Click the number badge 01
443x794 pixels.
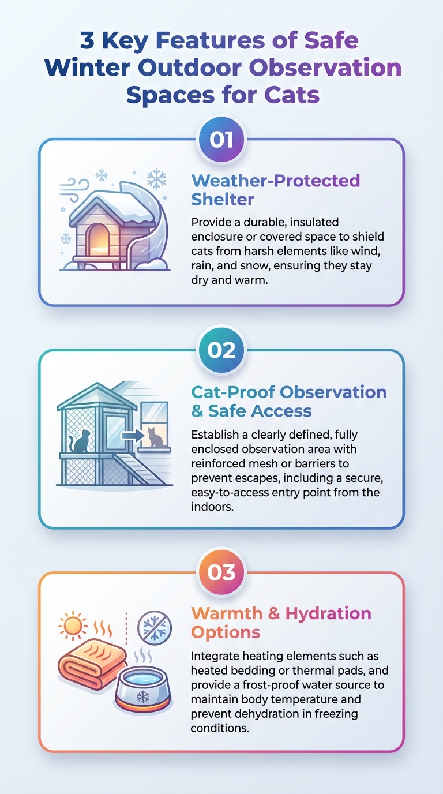pyautogui.click(x=221, y=140)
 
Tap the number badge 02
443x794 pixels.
pyautogui.click(x=221, y=350)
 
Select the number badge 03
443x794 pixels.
pyautogui.click(x=221, y=572)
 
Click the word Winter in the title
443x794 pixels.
pyautogui.click(x=88, y=68)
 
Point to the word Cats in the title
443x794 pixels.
pyautogui.click(x=292, y=95)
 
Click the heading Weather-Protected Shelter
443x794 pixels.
pyautogui.click(x=275, y=190)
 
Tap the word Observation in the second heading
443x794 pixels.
pyautogui.click(x=333, y=392)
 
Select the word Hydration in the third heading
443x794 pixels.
pyautogui.click(x=328, y=613)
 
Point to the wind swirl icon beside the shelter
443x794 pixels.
pyautogui.click(x=74, y=190)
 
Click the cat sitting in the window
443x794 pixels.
pyautogui.click(x=155, y=438)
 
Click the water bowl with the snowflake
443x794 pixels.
pyautogui.click(x=143, y=690)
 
